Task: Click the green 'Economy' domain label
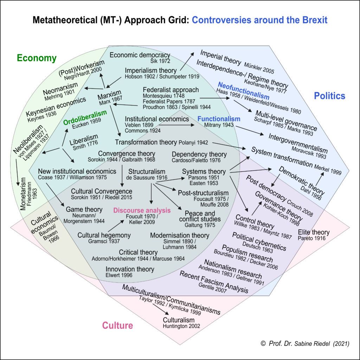pos(37,58)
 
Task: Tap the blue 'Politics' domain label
pos(329,96)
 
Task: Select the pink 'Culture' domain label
pos(117,325)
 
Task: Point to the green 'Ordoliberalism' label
pos(85,117)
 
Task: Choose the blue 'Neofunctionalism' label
pos(244,90)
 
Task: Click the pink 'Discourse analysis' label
pos(142,210)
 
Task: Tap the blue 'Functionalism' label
pos(219,119)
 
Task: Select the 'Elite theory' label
pos(314,232)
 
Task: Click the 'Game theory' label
pos(84,210)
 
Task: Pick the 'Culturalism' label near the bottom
pos(179,320)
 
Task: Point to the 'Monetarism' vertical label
pos(23,194)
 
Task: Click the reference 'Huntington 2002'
pos(181,326)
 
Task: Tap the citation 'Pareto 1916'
pos(311,238)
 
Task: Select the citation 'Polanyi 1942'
pos(193,143)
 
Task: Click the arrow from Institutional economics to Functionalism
pos(176,125)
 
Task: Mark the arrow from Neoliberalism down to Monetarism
pos(17,172)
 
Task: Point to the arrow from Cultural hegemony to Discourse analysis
pos(116,226)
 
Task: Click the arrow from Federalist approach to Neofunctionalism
pos(215,98)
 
